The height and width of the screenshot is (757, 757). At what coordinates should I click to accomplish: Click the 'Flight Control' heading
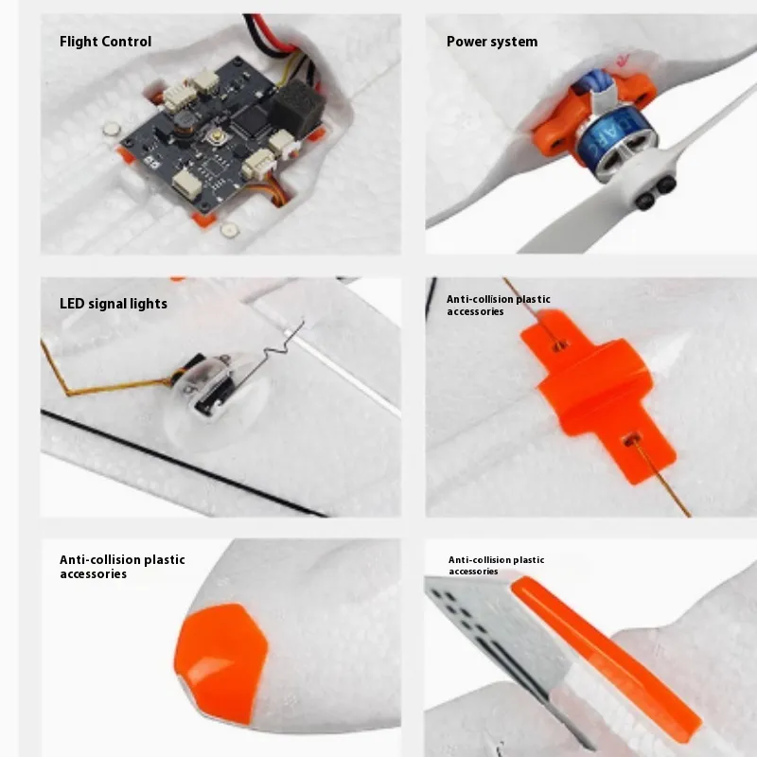click(x=105, y=42)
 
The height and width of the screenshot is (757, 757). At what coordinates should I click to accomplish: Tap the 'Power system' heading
click(x=492, y=42)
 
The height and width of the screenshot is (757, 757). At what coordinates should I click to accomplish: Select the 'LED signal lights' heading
click(x=114, y=304)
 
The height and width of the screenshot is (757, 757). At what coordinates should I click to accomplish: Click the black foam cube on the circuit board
click(x=296, y=107)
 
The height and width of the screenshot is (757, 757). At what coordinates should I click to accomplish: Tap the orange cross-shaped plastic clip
click(x=599, y=395)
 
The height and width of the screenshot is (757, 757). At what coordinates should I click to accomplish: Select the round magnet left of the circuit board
click(x=112, y=129)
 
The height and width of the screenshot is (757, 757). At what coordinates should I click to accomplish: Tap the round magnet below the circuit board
click(x=229, y=230)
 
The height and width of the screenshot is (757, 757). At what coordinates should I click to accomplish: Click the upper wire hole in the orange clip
click(x=560, y=344)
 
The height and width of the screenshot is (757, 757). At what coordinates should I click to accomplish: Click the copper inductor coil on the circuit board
click(x=184, y=122)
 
